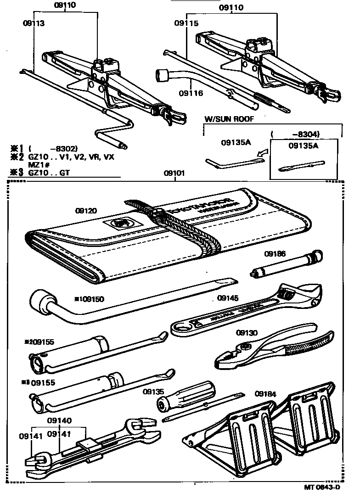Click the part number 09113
tap(34, 22)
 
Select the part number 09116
tap(191, 93)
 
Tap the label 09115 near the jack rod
tap(187, 23)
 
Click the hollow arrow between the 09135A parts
tap(260, 156)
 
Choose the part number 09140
tap(58, 420)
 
